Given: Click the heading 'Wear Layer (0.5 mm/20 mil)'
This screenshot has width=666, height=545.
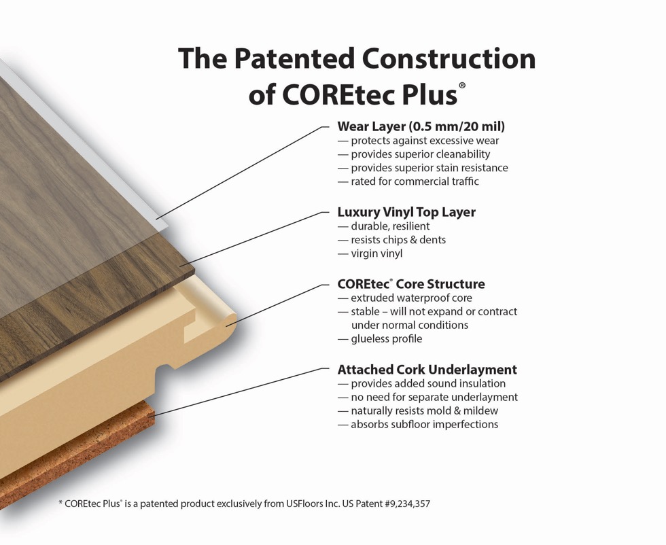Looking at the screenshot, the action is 421,126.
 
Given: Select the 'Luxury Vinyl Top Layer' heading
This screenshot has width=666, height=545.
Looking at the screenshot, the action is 406,211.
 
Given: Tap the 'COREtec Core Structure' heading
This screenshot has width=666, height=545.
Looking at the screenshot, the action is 411,284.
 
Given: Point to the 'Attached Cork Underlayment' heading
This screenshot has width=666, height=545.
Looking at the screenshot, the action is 427,370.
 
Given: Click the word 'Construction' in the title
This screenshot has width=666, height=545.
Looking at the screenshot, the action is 449,58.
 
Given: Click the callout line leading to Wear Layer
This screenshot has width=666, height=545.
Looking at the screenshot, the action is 243,173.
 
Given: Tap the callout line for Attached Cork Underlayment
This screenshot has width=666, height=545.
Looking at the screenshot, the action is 239,392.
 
